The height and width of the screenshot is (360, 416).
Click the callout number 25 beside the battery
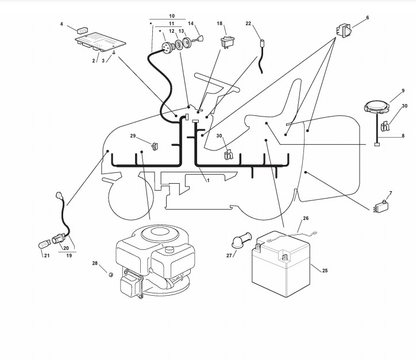point(325,270)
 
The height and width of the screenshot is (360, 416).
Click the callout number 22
point(248,24)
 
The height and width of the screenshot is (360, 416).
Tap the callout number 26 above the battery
point(306,219)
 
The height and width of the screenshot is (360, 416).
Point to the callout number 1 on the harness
point(207,180)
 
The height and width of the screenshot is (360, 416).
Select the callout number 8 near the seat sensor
point(403,136)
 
